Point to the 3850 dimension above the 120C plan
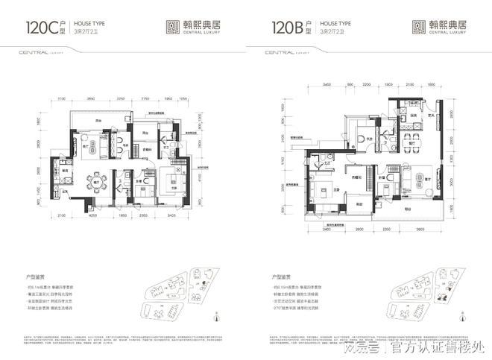tap(89, 100)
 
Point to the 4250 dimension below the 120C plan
tap(92, 216)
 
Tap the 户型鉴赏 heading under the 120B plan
tap(283, 275)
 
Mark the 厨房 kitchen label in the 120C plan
tap(66, 171)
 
